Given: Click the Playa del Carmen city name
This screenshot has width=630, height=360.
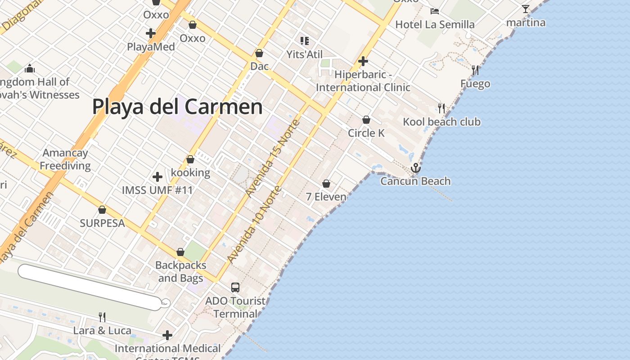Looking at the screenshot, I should coord(177,107).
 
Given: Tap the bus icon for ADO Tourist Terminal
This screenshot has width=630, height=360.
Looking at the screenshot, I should coord(235,287).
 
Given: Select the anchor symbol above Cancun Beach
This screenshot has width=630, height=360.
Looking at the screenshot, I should coord(416,168).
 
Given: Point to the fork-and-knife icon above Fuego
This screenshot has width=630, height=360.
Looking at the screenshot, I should coord(475,70).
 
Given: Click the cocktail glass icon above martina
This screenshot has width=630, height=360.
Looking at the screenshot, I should coord(525,9).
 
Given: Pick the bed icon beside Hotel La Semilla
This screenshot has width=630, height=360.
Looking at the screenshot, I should coord(434,11).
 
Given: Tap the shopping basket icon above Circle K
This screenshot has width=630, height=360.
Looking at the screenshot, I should coord(366,120).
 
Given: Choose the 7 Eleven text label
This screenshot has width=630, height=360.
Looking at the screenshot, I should coord(326,197).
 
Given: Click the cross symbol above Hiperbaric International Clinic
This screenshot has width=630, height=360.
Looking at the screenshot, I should coord(363,61).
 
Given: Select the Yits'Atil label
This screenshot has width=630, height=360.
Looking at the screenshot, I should coord(305,54).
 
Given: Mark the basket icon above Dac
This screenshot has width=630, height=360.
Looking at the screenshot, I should coord(259,53).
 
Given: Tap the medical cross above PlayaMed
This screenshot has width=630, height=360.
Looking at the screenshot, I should coord(151,33).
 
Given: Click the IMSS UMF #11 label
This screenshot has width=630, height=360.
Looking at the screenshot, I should coord(157,190).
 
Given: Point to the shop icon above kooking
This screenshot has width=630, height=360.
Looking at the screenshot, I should coord(190,159).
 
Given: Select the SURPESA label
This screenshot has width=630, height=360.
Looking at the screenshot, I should coord(102,223).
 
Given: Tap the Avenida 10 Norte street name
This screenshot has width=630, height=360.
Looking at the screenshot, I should coord(254,224).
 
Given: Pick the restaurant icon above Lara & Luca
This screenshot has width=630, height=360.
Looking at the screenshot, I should coord(102,317).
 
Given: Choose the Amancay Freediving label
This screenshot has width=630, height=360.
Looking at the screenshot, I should coord(65,159).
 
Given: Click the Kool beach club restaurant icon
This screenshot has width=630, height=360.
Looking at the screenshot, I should coord(441,108).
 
